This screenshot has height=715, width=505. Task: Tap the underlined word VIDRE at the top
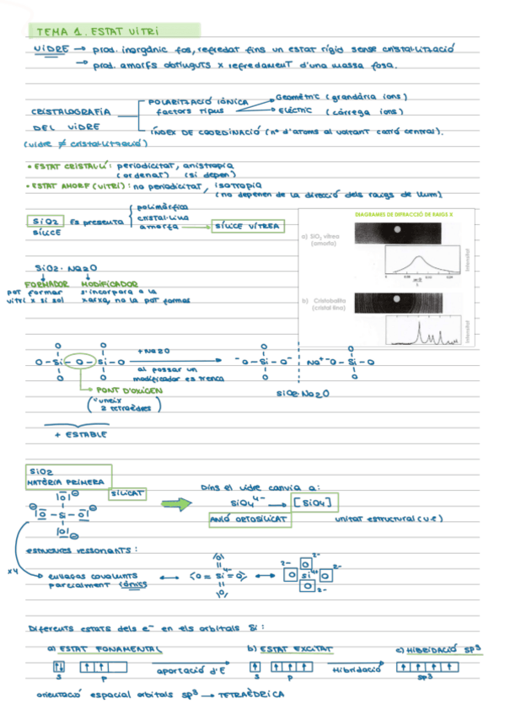coord(51,51)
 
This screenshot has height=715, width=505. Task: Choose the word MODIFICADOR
coord(110,283)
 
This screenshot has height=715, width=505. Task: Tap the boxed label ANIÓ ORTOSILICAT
coord(250,521)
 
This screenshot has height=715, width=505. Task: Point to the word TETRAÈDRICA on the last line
coord(251,696)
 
